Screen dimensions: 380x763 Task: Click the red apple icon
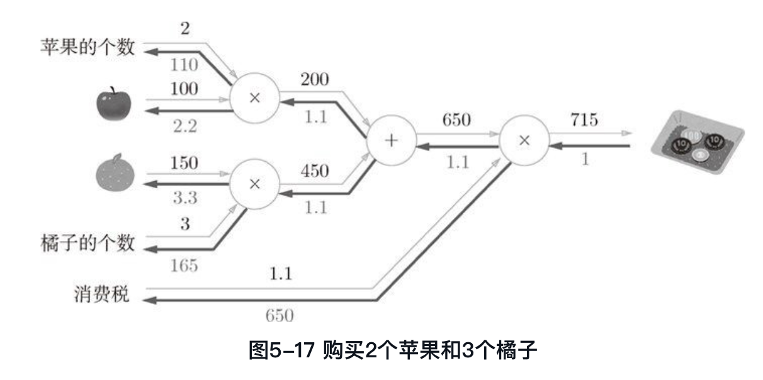113,104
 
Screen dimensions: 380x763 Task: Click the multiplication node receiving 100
254,99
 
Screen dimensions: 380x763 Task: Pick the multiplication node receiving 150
254,183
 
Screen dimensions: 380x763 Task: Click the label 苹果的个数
88,47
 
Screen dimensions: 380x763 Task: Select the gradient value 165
184,265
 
